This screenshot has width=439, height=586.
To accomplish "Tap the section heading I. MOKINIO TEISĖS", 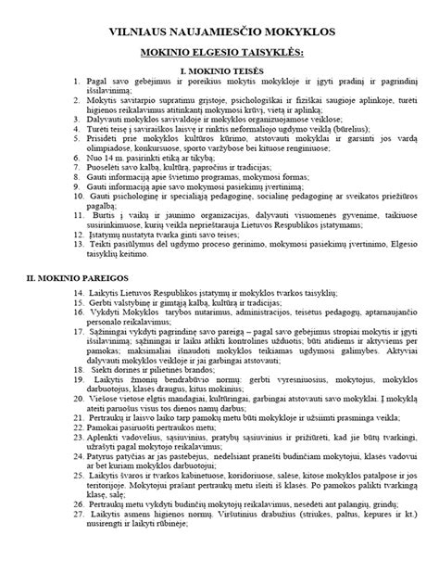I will pos(221,70).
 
